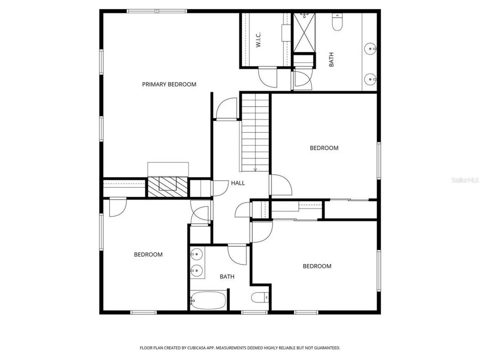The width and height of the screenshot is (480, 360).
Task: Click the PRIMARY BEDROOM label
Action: click(x=169, y=84)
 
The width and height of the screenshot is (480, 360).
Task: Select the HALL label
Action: click(x=238, y=183)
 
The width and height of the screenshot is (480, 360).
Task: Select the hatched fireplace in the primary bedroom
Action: click(x=168, y=185)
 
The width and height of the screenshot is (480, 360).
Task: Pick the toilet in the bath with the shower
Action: click(x=338, y=22)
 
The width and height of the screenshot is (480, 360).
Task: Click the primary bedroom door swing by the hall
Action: click(x=227, y=109)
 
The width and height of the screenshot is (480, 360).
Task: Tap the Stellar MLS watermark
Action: click(x=466, y=180)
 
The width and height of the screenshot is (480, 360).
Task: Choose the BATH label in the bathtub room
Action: click(x=227, y=276)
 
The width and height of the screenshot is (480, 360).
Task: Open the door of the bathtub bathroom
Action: click(x=237, y=253)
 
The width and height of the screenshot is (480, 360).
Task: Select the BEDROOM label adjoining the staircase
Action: click(x=324, y=148)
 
